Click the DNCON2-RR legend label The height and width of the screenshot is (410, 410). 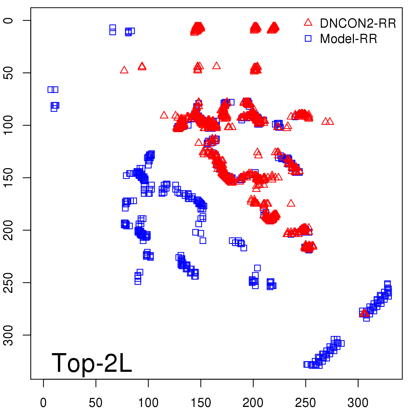point(358,24)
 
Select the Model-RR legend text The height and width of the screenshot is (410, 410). point(348,39)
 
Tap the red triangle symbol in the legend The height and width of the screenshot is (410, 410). point(308,23)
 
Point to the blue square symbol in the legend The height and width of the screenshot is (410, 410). point(308,39)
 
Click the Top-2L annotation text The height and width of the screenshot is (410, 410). point(92,363)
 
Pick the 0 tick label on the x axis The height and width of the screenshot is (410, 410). point(43,403)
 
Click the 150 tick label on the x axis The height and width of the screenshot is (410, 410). point(201,403)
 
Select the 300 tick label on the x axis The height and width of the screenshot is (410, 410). point(358,403)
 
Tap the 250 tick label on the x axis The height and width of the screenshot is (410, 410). point(305,403)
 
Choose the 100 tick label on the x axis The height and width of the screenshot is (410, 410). point(148,403)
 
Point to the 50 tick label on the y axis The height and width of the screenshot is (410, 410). point(8,73)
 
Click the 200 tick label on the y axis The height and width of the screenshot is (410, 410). point(8,230)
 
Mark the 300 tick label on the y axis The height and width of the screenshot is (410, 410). point(8,335)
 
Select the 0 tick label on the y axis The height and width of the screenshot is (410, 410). point(8,20)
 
